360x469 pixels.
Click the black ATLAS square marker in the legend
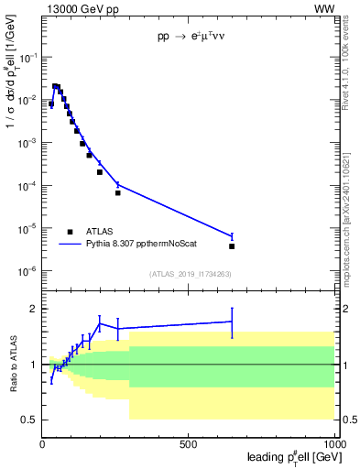pyautogui.click(x=70, y=232)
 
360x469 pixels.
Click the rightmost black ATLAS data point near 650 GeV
pyautogui.click(x=232, y=246)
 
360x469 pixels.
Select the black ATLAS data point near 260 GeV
pyautogui.click(x=118, y=193)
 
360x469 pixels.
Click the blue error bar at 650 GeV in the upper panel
pyautogui.click(x=232, y=236)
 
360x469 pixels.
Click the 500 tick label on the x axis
pyautogui.click(x=189, y=444)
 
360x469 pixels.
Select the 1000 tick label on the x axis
pyautogui.click(x=334, y=444)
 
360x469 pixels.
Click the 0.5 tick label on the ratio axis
pyautogui.click(x=27, y=420)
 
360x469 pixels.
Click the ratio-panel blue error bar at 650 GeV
pyautogui.click(x=232, y=322)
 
